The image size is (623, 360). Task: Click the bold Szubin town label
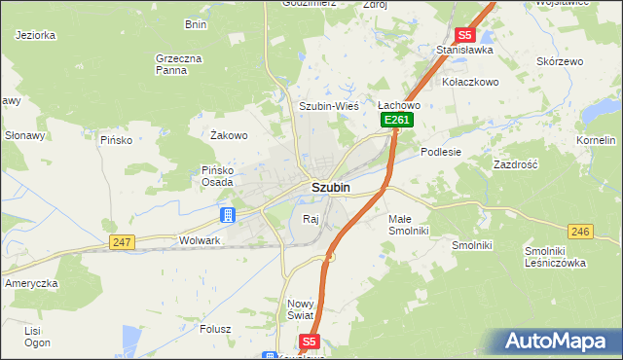331,187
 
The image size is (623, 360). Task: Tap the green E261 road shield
397,120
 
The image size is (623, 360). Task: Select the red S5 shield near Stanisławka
465,34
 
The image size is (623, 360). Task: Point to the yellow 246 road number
581,231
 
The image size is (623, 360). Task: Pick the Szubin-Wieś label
329,106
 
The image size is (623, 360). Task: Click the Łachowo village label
398,105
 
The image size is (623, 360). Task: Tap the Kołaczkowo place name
471,82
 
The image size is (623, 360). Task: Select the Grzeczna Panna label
178,64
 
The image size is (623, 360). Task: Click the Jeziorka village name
35,34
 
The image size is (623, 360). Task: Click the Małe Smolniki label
408,226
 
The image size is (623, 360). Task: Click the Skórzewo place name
560,61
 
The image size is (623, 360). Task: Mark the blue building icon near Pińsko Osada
227,214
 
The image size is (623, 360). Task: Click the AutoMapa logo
556,342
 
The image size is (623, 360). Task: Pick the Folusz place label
214,329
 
